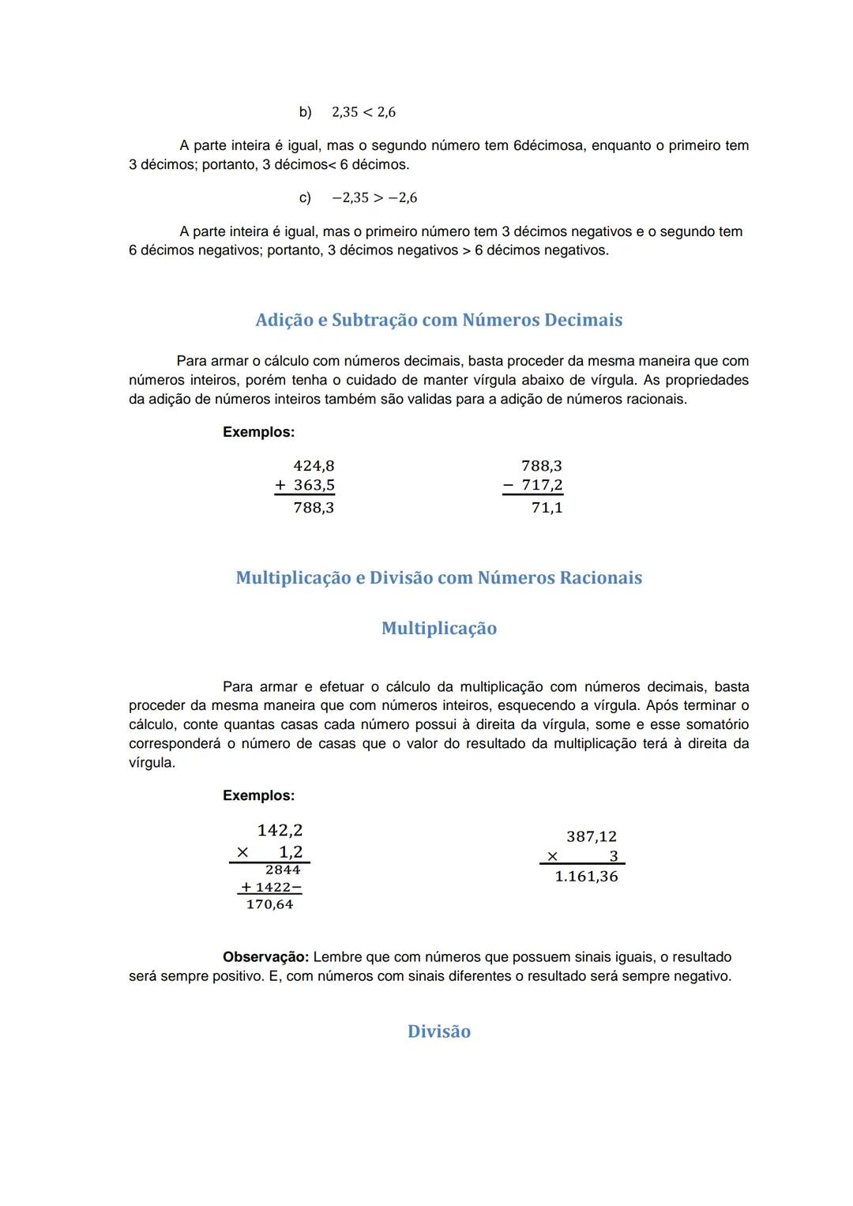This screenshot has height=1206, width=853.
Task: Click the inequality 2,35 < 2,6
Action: [363, 112]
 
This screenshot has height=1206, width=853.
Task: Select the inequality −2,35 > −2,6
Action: [374, 197]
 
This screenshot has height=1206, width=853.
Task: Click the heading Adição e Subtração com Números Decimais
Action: [438, 320]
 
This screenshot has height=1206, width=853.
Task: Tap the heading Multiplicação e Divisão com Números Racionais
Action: [438, 577]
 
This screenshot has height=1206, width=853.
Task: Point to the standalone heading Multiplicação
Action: [438, 628]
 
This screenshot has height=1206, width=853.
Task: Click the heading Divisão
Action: [438, 1031]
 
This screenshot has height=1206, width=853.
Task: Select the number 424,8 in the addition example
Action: [314, 466]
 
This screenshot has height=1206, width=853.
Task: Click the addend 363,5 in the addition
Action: [314, 485]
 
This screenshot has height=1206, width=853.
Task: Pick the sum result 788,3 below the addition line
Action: [314, 508]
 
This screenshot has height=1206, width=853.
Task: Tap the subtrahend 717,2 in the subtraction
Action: [542, 485]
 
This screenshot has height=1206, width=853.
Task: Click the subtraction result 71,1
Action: [547, 508]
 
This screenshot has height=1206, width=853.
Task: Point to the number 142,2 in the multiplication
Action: [280, 830]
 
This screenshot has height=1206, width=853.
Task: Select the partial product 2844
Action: [282, 870]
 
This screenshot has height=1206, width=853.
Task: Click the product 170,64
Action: [269, 904]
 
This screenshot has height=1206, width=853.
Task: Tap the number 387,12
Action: [591, 836]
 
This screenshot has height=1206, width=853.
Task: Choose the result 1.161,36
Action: [586, 877]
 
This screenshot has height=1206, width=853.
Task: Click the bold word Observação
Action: [265, 957]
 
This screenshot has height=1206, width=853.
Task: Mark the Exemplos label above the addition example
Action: [258, 432]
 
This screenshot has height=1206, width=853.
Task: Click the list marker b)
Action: [305, 112]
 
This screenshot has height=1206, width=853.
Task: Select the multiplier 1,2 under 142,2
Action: [291, 851]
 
